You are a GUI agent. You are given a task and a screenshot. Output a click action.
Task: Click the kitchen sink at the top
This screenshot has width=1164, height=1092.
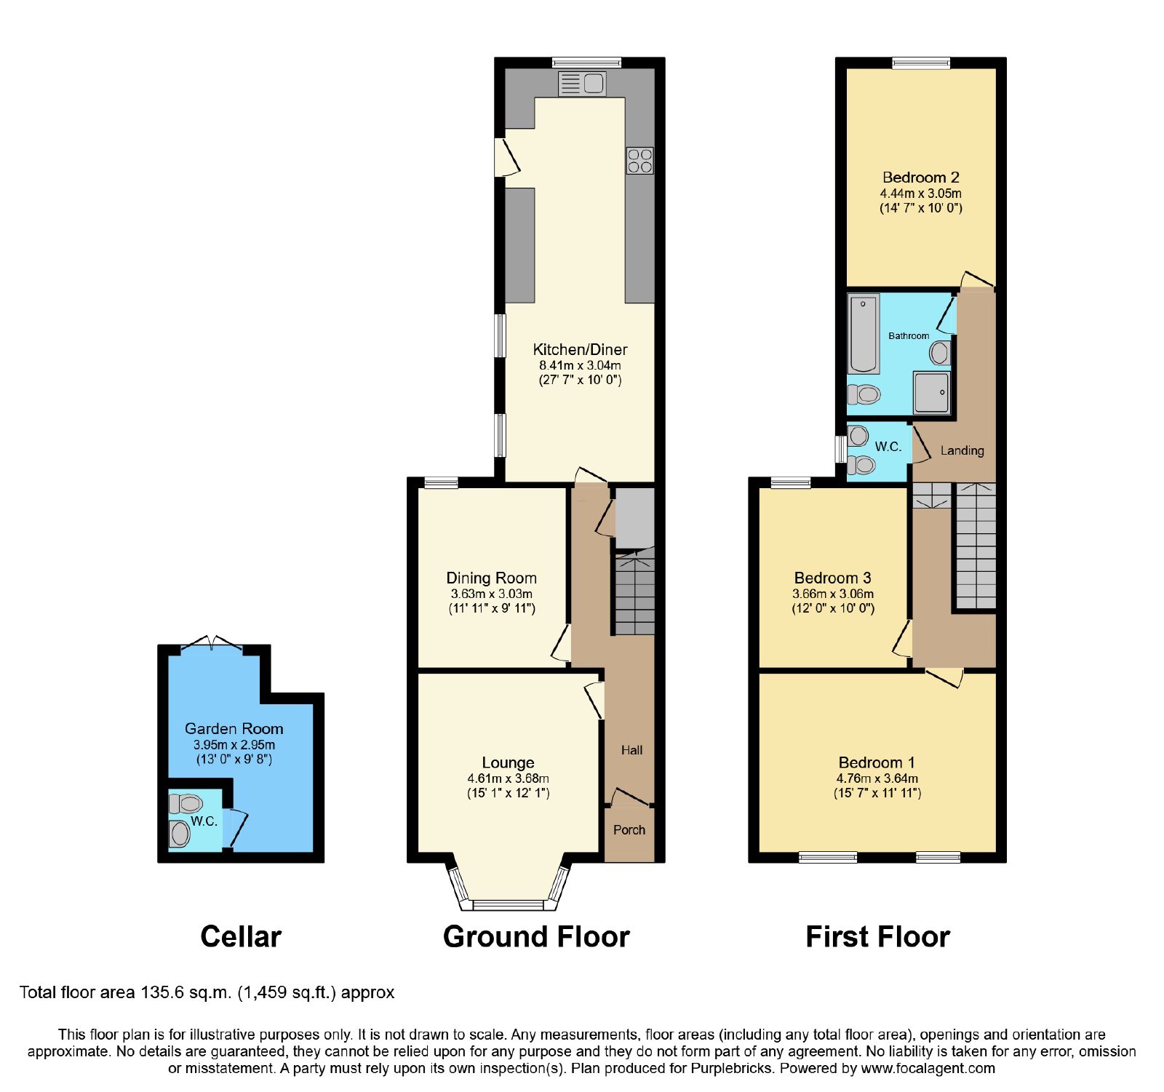(x=582, y=84)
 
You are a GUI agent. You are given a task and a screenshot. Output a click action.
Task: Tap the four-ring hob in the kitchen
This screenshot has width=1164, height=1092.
(x=639, y=161)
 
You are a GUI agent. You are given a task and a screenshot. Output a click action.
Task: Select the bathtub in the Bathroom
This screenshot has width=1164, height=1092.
(x=864, y=333)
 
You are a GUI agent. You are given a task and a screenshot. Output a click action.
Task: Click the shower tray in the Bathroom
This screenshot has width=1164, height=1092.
(x=932, y=392)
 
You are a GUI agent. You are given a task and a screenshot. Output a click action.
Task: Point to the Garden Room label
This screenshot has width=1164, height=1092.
(x=234, y=728)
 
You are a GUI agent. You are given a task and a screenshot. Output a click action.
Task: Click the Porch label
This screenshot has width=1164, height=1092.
(x=629, y=830)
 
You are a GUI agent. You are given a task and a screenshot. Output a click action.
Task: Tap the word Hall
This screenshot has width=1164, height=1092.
(x=631, y=750)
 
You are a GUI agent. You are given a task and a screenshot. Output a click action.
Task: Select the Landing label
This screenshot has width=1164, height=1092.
(x=962, y=451)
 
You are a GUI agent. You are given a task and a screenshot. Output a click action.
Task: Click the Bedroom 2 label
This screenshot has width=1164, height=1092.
(x=920, y=178)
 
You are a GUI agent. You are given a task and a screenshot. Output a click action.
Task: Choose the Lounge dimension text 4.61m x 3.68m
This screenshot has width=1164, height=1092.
(x=508, y=778)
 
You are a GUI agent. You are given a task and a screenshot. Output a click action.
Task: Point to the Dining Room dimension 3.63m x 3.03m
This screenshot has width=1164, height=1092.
(x=491, y=594)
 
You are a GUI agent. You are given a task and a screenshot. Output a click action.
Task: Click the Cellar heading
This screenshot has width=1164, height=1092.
(x=241, y=937)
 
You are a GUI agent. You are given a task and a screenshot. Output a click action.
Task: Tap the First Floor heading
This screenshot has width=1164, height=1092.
(x=877, y=937)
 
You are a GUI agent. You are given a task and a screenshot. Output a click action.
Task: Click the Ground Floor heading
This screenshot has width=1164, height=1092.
(x=536, y=937)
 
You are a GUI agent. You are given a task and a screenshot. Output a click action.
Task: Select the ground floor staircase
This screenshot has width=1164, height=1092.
(x=635, y=593)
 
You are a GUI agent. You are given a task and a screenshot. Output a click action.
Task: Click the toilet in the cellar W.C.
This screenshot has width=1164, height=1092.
(x=186, y=804)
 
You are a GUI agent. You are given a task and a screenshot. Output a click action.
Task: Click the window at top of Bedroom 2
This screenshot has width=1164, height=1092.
(x=921, y=63)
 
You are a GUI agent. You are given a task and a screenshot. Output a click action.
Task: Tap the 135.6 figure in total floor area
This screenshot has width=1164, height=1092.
(x=158, y=992)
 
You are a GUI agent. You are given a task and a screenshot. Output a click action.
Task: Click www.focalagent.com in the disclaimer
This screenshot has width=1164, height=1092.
(x=928, y=1069)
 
